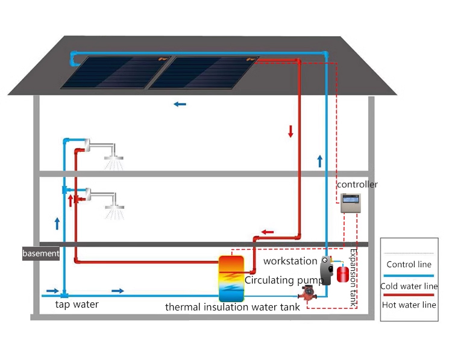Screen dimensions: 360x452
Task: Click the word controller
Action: pos(357,184)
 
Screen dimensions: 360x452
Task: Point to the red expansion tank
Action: pos(344,273)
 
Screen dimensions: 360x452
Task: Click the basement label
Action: pos(41,253)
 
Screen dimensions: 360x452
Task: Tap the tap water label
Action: pos(77,305)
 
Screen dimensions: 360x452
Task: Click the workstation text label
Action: pos(290,261)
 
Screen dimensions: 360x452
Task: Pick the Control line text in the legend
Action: pos(409,264)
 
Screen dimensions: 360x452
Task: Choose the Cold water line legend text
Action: pos(409,286)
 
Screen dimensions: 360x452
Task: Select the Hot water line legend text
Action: pos(409,305)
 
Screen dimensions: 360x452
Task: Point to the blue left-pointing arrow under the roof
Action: pos(180,104)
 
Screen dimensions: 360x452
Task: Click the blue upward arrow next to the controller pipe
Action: pos(319,160)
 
